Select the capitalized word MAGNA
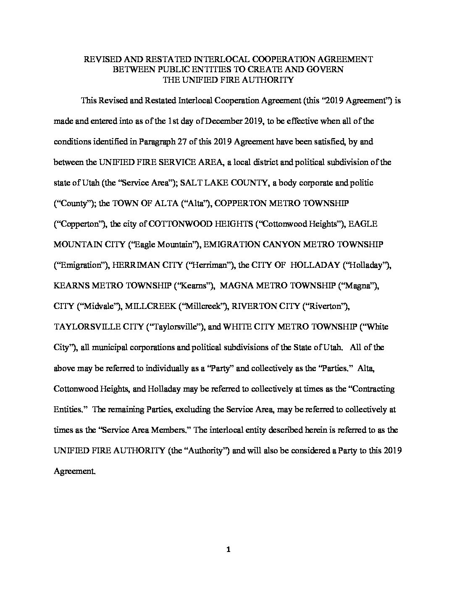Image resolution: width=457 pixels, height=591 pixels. (x=236, y=286)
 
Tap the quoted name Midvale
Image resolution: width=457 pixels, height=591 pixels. (x=98, y=306)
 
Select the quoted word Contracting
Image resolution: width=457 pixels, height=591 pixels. (x=373, y=389)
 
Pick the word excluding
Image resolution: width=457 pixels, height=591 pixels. (x=194, y=409)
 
